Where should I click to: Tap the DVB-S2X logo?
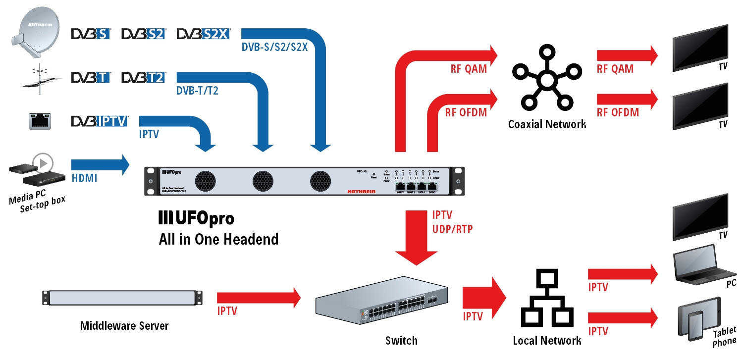[203, 34]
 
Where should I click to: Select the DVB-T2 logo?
[144, 77]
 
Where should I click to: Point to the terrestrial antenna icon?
[42, 79]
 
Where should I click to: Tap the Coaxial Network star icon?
[546, 80]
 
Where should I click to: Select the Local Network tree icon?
[547, 301]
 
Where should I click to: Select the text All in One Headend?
[218, 240]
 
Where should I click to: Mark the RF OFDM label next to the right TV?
[617, 112]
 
